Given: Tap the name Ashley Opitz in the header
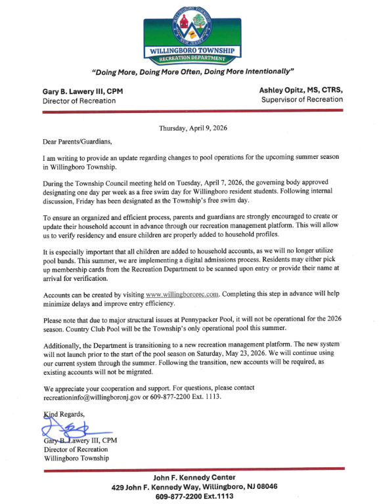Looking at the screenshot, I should [292, 89].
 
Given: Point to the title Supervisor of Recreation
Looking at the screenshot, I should [301, 100].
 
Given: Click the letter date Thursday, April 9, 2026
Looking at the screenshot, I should [193, 128].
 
